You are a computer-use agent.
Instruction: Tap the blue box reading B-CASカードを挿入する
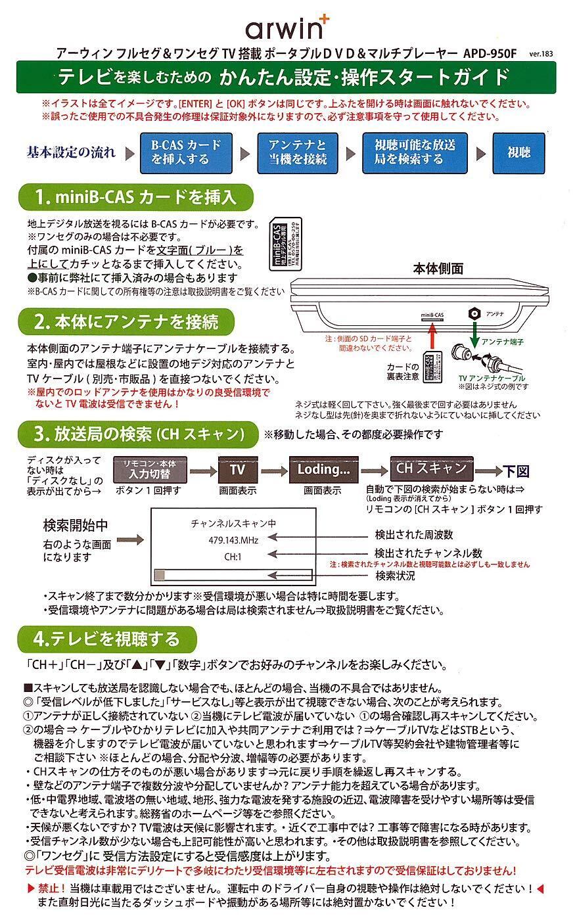click(186, 152)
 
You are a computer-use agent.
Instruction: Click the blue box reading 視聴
click(518, 152)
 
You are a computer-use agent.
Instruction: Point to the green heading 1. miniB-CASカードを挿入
click(135, 196)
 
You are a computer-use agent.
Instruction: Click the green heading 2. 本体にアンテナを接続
click(127, 322)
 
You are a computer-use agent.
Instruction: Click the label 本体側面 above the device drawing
click(438, 268)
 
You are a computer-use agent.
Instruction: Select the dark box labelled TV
click(237, 470)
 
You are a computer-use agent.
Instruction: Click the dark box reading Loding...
click(323, 470)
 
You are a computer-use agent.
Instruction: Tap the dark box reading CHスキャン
click(431, 469)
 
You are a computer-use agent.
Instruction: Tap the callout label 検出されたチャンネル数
click(428, 553)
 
